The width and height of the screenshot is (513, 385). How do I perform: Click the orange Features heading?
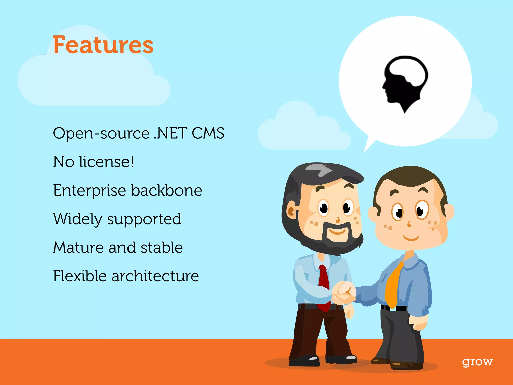click(103, 45)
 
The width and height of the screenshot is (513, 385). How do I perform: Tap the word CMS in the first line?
click(208, 133)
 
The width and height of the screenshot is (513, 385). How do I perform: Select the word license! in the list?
click(107, 162)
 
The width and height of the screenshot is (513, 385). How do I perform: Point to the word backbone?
click(167, 190)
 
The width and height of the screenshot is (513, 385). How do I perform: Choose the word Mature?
click(78, 248)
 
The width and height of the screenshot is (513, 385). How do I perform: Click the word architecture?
click(155, 276)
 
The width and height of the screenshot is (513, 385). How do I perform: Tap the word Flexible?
click(80, 276)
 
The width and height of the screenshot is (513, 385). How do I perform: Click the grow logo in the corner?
click(477, 362)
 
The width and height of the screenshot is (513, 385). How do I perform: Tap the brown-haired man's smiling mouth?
click(411, 238)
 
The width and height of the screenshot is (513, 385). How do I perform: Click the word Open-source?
click(101, 133)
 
